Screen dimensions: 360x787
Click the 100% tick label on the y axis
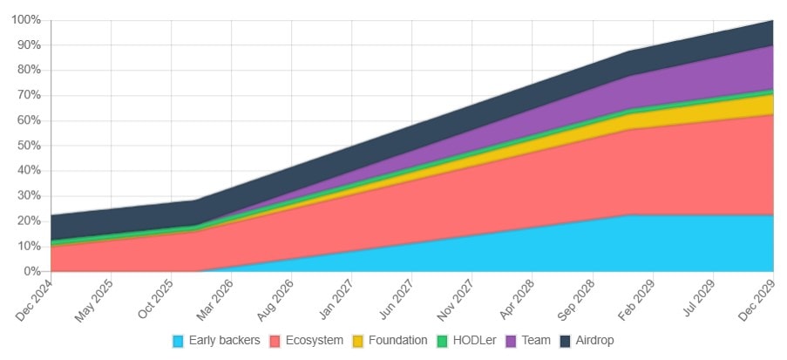click(x=25, y=19)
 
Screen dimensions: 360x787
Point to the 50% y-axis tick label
click(x=28, y=146)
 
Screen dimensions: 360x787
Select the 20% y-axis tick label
click(x=28, y=221)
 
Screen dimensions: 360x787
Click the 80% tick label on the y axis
click(x=28, y=70)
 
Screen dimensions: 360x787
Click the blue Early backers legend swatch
click(x=179, y=340)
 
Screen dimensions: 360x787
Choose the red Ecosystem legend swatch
click(x=275, y=340)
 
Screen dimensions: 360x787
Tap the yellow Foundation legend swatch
click(x=358, y=340)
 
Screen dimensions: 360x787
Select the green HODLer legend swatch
click(x=443, y=340)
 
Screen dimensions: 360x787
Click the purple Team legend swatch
click(x=511, y=340)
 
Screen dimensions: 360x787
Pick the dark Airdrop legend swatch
click(x=565, y=340)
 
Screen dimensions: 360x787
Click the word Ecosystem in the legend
click(x=314, y=340)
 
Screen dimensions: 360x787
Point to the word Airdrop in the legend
click(x=596, y=340)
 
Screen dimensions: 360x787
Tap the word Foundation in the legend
click(x=398, y=340)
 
